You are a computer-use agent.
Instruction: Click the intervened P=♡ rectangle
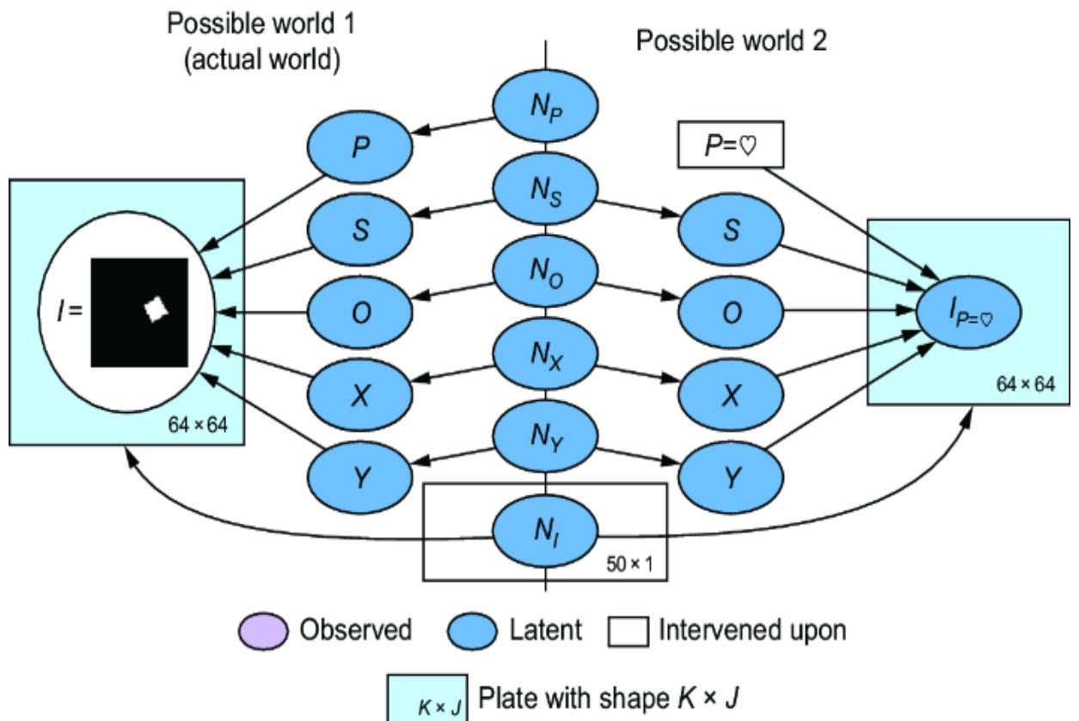[730, 147]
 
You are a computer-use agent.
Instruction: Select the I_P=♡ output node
[970, 313]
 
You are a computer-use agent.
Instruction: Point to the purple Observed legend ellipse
[263, 631]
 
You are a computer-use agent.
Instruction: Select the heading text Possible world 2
[732, 42]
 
